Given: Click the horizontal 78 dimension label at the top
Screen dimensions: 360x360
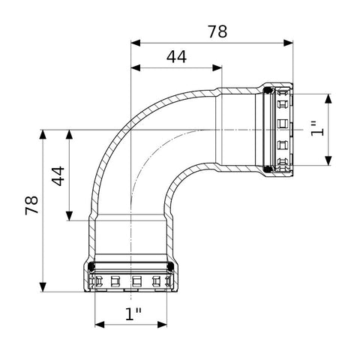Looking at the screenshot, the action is pyautogui.click(x=217, y=31).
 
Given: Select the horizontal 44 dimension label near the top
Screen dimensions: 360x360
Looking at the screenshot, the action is pyautogui.click(x=176, y=57).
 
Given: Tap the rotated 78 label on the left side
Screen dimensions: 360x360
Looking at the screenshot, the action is pyautogui.click(x=31, y=205).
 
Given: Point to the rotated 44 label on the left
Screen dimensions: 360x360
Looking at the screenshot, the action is pyautogui.click(x=58, y=176).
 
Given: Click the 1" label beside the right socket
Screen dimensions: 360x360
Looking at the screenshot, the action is pyautogui.click(x=317, y=129).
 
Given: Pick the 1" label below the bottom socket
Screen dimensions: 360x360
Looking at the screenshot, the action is pyautogui.click(x=133, y=313).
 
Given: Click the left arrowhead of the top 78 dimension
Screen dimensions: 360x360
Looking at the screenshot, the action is pyautogui.click(x=136, y=43).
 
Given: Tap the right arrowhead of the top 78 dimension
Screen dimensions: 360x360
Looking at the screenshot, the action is pyautogui.click(x=288, y=43).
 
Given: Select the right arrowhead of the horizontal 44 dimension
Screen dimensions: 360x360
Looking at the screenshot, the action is pyautogui.click(x=217, y=67).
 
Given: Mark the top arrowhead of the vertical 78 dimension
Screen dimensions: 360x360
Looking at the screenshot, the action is pyautogui.click(x=43, y=134).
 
